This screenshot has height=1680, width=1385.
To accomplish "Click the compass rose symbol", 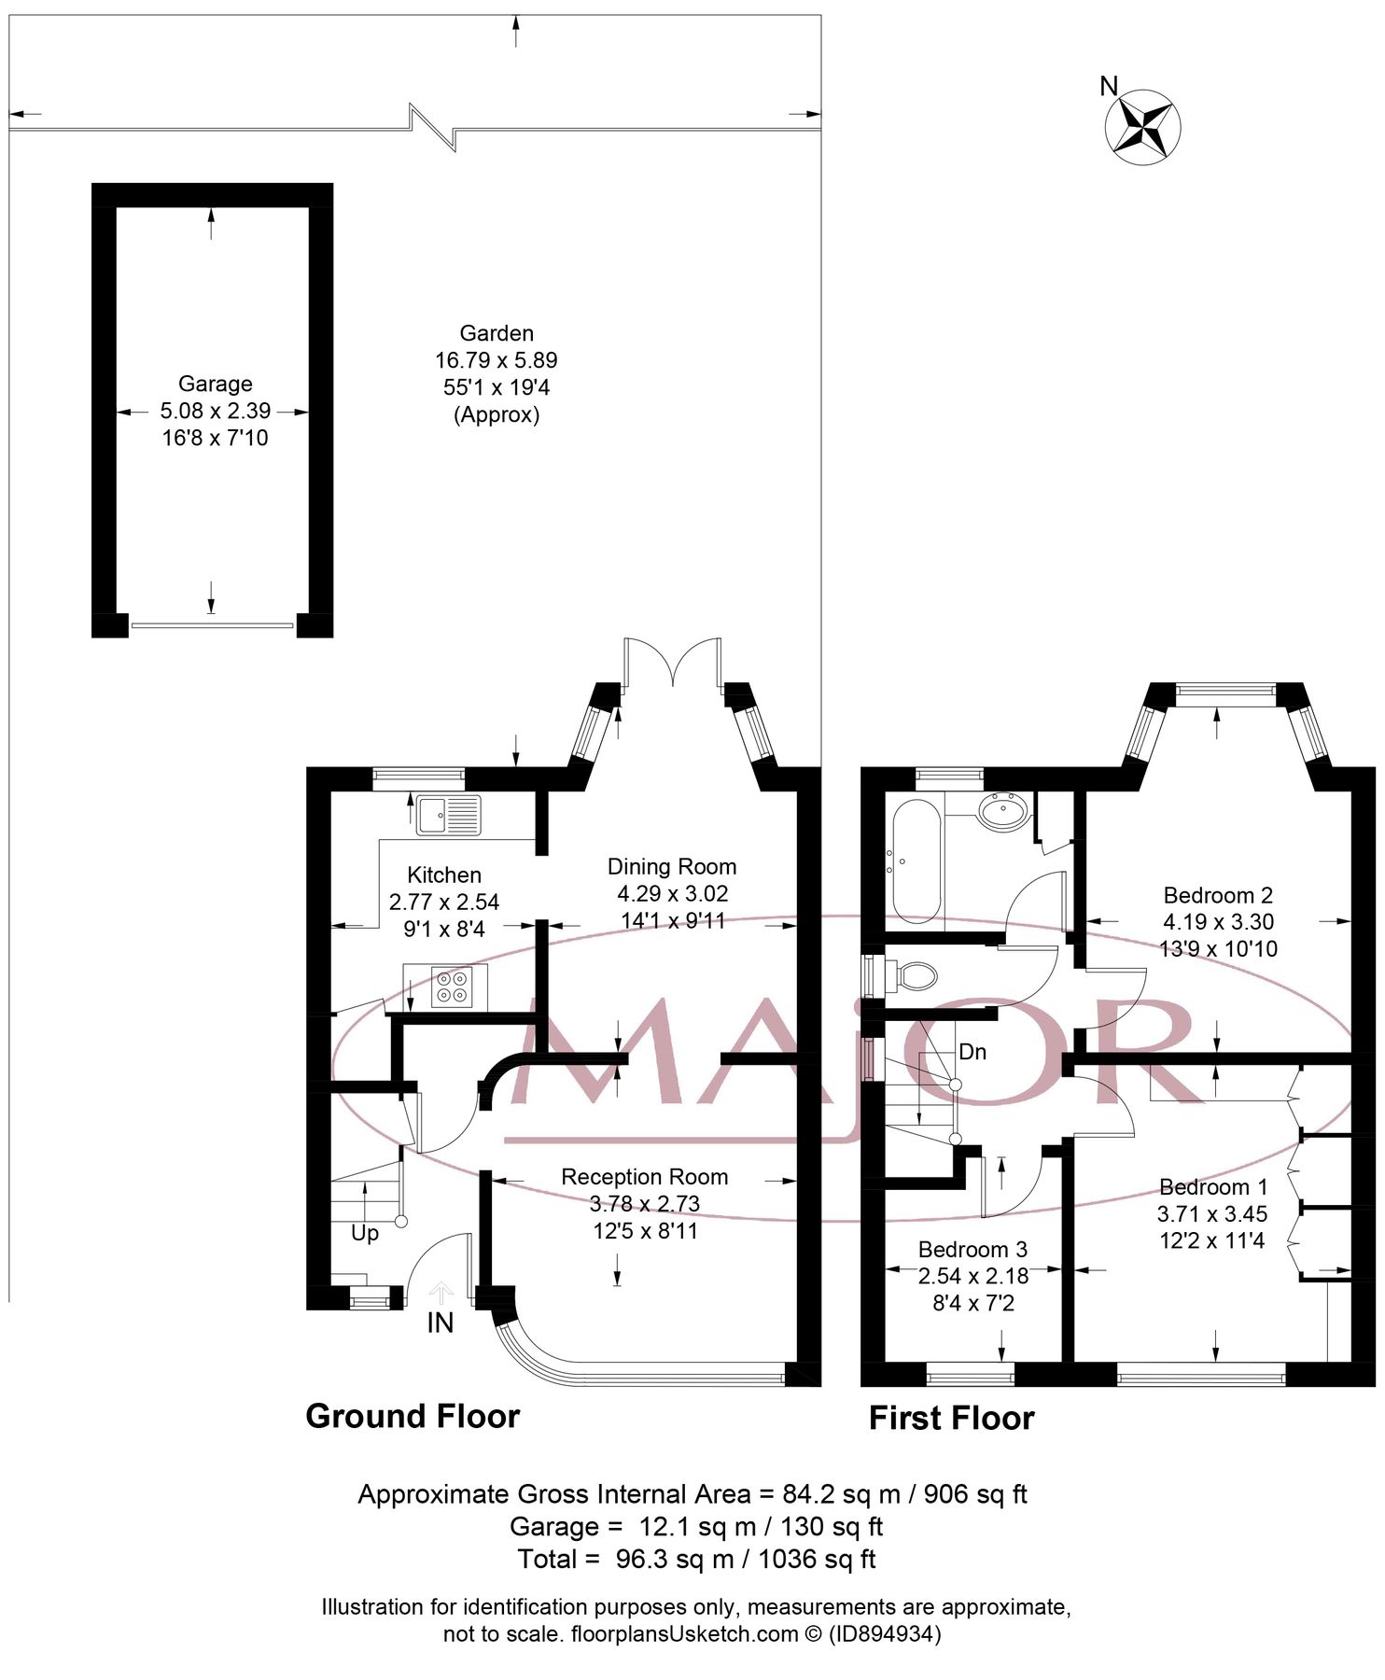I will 1142,128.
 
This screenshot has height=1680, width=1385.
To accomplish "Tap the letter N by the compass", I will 1109,87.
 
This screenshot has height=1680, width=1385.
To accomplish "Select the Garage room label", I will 215,384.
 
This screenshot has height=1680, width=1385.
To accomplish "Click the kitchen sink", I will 448,815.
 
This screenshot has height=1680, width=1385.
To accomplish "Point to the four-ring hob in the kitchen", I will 452,987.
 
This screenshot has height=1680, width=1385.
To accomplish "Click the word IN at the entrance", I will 440,1323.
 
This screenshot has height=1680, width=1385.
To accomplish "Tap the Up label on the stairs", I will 365,1233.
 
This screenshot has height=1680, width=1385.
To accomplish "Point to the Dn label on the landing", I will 972,1052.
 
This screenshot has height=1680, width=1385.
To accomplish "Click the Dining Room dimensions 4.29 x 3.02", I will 672,894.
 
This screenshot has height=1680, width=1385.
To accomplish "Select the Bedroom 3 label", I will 972,1250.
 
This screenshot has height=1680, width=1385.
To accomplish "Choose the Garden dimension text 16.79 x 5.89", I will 496,360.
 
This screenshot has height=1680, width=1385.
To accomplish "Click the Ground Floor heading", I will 413,1417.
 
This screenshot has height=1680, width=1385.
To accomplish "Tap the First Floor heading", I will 951,1419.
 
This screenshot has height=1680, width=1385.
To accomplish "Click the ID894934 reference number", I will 885,1634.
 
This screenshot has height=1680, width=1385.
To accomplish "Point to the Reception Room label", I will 644,1177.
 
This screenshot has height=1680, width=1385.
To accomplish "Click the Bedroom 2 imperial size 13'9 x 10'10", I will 1218,949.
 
